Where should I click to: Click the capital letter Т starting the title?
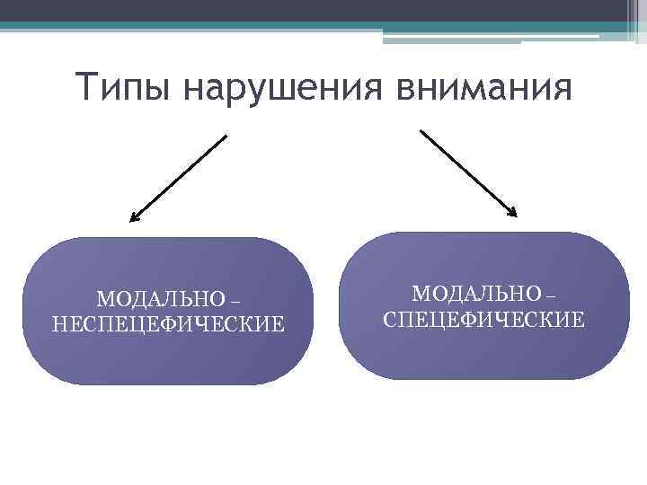pyautogui.click(x=86, y=88)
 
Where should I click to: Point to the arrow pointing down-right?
pyautogui.click(x=468, y=173)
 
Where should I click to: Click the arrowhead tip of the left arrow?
pyautogui.click(x=131, y=219)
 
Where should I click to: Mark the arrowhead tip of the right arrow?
pyautogui.click(x=517, y=216)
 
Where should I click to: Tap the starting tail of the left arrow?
pyautogui.click(x=226, y=137)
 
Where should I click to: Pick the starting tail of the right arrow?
pyautogui.click(x=421, y=130)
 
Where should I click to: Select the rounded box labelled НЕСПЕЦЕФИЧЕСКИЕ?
pyautogui.click(x=168, y=311)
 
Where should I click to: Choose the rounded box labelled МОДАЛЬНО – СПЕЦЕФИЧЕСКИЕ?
pyautogui.click(x=486, y=305)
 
